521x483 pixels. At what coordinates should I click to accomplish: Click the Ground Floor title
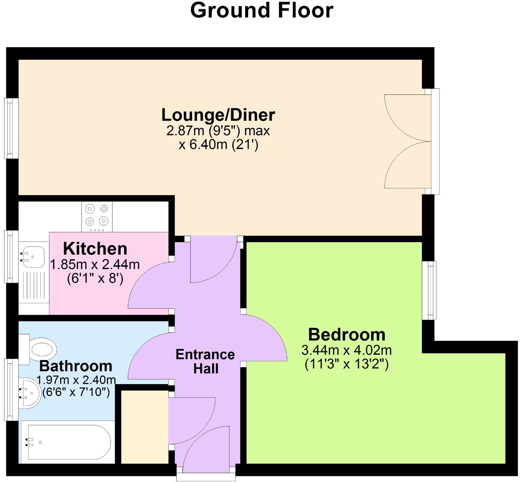(261, 10)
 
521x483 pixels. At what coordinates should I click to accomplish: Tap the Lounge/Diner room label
(218, 115)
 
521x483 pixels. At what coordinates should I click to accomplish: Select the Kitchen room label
(95, 249)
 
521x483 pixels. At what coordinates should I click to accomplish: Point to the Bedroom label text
(346, 335)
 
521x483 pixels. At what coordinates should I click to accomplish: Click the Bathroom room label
(76, 366)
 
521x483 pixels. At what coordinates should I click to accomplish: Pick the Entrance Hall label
(205, 362)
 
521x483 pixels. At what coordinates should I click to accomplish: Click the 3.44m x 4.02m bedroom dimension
(346, 350)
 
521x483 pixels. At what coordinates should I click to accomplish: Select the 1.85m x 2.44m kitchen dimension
(95, 264)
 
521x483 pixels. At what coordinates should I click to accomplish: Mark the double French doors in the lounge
(406, 141)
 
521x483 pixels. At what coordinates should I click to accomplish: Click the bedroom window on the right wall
(429, 290)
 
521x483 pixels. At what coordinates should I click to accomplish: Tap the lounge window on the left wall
(11, 128)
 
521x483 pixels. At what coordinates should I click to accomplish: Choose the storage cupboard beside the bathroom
(145, 427)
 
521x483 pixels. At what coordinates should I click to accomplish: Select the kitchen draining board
(33, 285)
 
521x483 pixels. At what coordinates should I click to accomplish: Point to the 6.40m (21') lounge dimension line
(219, 145)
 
